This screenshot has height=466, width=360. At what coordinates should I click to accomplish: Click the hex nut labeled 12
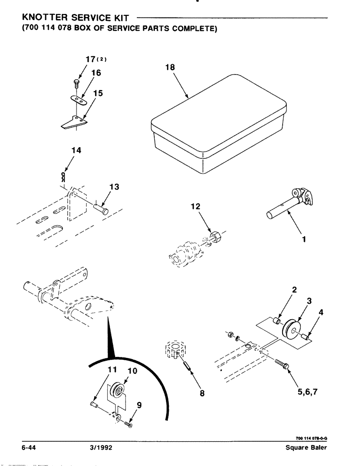coord(216,234)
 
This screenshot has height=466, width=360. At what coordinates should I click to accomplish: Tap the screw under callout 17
coord(76,84)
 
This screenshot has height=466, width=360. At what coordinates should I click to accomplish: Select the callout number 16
coord(96,73)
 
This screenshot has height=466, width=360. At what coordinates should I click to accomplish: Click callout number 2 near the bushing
coord(294,290)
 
